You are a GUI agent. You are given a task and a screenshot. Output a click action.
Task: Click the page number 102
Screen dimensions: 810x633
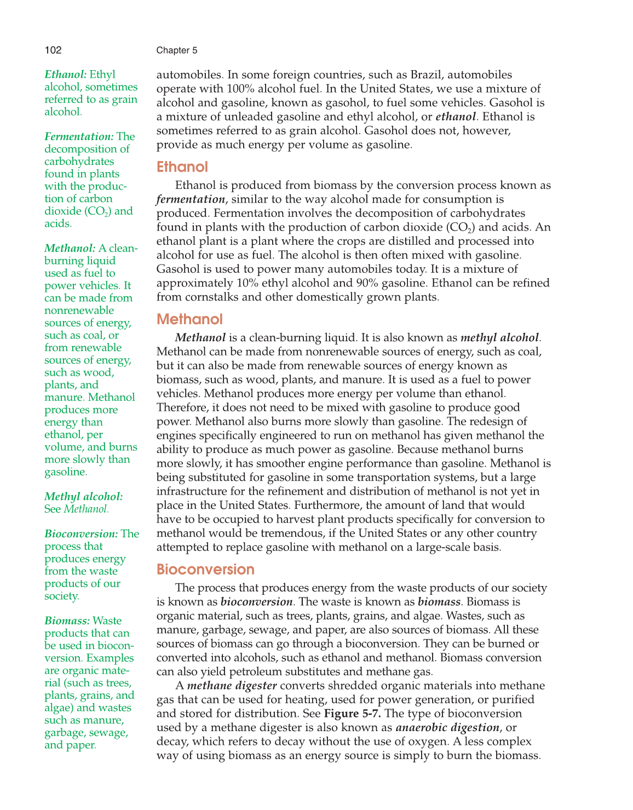[x=53, y=50]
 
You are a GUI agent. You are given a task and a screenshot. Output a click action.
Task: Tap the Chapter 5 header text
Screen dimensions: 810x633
[x=176, y=50]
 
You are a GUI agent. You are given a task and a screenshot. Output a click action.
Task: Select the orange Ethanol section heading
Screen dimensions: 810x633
[x=182, y=167]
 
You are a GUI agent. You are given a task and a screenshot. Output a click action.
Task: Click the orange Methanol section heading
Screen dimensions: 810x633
[x=189, y=319]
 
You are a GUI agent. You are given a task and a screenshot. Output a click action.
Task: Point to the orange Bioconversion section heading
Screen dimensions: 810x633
[x=205, y=570]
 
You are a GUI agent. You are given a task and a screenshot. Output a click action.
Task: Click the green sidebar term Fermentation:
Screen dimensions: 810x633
[x=79, y=136]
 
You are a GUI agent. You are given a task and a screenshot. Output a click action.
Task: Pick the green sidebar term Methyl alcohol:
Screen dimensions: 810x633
[x=83, y=496]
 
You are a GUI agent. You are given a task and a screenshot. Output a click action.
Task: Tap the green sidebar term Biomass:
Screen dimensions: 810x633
[x=67, y=621]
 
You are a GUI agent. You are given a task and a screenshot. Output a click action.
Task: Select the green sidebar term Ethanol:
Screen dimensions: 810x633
[x=65, y=74]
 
